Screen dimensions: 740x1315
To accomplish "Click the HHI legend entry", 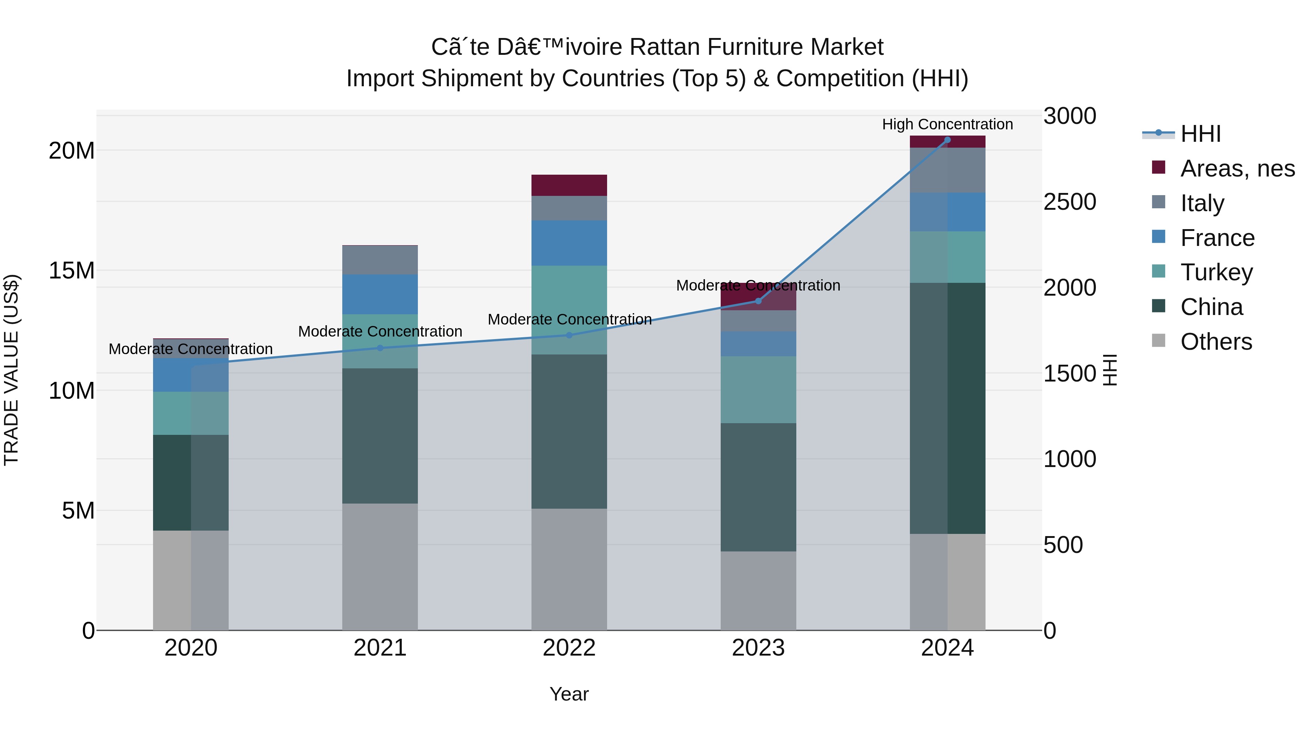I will coord(1200,134).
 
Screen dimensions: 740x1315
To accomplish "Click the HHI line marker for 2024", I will coord(948,140).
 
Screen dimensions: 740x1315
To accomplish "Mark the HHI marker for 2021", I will coord(380,348).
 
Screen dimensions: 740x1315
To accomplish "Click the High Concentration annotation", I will coord(948,124).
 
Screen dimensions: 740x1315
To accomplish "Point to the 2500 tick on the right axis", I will coord(1070,202).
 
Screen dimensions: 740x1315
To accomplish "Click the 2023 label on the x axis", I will coord(758,648).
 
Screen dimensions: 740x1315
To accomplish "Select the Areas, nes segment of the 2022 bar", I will coord(569,185).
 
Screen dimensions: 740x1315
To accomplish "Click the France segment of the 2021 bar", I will coord(380,294).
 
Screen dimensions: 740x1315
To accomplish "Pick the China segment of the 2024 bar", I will coord(948,408).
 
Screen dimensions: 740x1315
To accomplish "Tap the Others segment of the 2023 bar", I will coord(758,591).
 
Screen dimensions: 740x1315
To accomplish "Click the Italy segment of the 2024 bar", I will coord(948,170).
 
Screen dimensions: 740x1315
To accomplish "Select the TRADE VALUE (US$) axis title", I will coord(11,370).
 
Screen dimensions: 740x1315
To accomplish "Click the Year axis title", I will coord(569,694).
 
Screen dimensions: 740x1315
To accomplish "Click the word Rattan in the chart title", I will coord(664,47).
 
